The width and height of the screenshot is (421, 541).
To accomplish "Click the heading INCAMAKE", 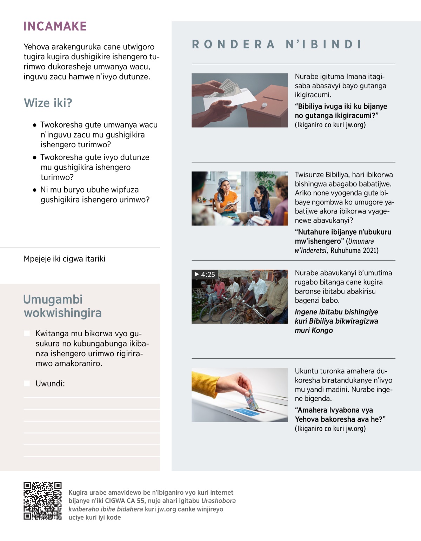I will pyautogui.click(x=55, y=26).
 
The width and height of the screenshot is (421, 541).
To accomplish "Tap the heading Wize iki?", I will pyautogui.click(x=48, y=103).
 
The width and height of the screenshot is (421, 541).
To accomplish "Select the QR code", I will pyautogui.click(x=42, y=501).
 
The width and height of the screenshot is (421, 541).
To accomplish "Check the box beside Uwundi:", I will pyautogui.click(x=27, y=384).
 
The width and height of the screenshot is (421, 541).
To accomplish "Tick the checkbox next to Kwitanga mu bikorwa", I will pyautogui.click(x=27, y=333).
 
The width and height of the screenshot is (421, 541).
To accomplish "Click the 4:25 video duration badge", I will pyautogui.click(x=205, y=275).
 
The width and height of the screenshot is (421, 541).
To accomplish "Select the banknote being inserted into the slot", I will pyautogui.click(x=251, y=400).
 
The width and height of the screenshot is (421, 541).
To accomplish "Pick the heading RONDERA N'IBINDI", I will pyautogui.click(x=277, y=45).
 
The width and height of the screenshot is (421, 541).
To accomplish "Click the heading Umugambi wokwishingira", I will pyautogui.click(x=62, y=306).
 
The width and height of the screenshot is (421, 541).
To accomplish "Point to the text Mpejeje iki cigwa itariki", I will pyautogui.click(x=65, y=259).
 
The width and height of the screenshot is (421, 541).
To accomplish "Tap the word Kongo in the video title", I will pyautogui.click(x=322, y=330).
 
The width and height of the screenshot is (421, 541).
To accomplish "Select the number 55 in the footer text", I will pyautogui.click(x=141, y=501).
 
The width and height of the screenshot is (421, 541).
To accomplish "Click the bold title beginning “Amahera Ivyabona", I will pyautogui.click(x=340, y=414).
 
